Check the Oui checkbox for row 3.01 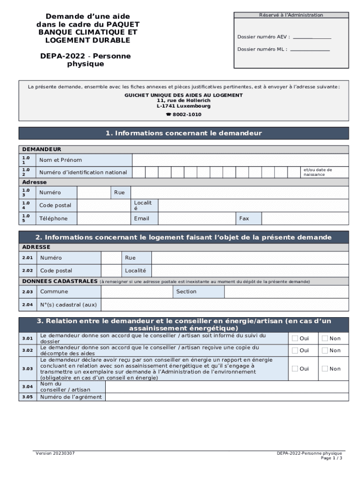pos(295,338)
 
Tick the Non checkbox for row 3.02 pos(324,350)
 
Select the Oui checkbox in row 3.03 pos(295,369)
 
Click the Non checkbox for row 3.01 pos(324,338)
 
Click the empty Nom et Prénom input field pos(240,160)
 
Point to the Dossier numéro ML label pos(262,49)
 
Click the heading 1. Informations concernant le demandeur pos(184,133)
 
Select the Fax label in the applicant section pos(244,218)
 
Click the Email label pos(142,218)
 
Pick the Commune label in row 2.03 pos(54,291)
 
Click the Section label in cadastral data pos(186,291)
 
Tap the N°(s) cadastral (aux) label pos(68,305)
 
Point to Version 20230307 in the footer pos(55,453)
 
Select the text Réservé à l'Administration pos(291,15)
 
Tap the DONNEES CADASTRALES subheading pos(59,281)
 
